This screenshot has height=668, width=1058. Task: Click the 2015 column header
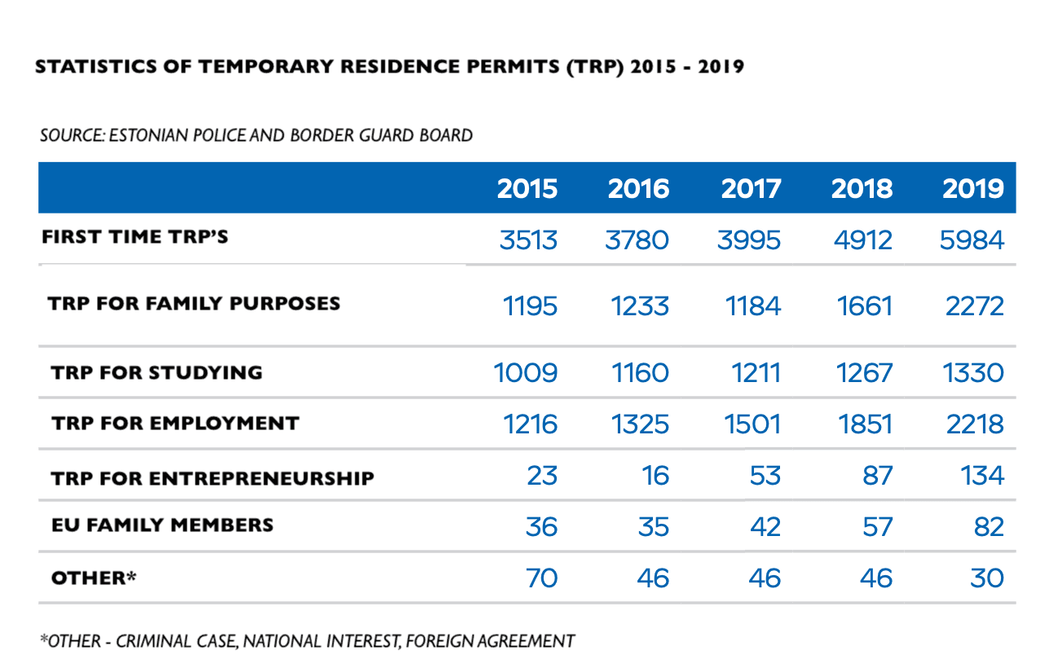[x=527, y=189]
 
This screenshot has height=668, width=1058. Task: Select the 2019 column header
[x=973, y=189]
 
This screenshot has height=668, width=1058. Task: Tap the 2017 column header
[x=751, y=189]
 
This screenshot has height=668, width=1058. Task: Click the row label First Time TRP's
[x=135, y=237]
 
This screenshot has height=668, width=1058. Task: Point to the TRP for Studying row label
[x=156, y=373]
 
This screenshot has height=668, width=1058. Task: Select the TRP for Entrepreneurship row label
[x=212, y=477]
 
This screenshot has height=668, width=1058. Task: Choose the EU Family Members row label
[x=162, y=525]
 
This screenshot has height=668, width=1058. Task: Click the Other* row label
[x=93, y=578]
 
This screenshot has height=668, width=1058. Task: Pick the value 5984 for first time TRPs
[x=972, y=240]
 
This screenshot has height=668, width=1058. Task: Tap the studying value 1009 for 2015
[x=526, y=373]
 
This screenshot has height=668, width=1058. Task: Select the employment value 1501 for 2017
[x=752, y=424]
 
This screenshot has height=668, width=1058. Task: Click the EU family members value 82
[x=988, y=526]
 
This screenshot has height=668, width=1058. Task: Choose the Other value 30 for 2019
[x=987, y=578]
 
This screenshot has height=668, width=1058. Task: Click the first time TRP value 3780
[x=638, y=240]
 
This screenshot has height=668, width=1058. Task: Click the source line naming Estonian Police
[x=256, y=135]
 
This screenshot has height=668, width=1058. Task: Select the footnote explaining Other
[x=306, y=641]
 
